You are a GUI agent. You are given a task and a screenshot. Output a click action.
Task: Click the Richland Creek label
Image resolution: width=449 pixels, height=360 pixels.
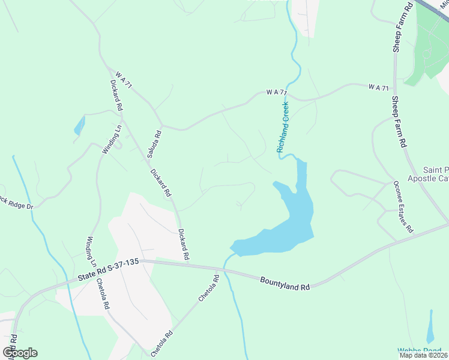coord(283,127)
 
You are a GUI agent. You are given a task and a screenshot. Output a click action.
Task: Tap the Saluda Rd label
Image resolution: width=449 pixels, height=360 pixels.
coord(154,144)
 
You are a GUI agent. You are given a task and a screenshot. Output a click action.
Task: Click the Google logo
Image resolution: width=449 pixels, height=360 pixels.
coord(20,353)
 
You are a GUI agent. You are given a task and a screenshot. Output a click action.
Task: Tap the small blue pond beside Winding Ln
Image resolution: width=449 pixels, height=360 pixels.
coord(79,125)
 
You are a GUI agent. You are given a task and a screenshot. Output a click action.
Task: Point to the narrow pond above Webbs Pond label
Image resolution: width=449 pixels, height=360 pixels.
coord(430,328)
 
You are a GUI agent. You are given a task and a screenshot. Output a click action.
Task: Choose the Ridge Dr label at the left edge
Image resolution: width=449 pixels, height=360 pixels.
coord(17,202)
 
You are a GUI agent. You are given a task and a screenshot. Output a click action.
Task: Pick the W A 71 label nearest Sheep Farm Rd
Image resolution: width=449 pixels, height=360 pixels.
coord(378,88)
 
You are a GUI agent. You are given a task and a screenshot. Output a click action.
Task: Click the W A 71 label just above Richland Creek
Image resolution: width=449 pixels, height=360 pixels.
coord(277,92)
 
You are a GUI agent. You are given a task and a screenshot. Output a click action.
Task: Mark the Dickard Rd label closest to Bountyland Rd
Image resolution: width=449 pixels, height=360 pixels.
coord(184,244)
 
